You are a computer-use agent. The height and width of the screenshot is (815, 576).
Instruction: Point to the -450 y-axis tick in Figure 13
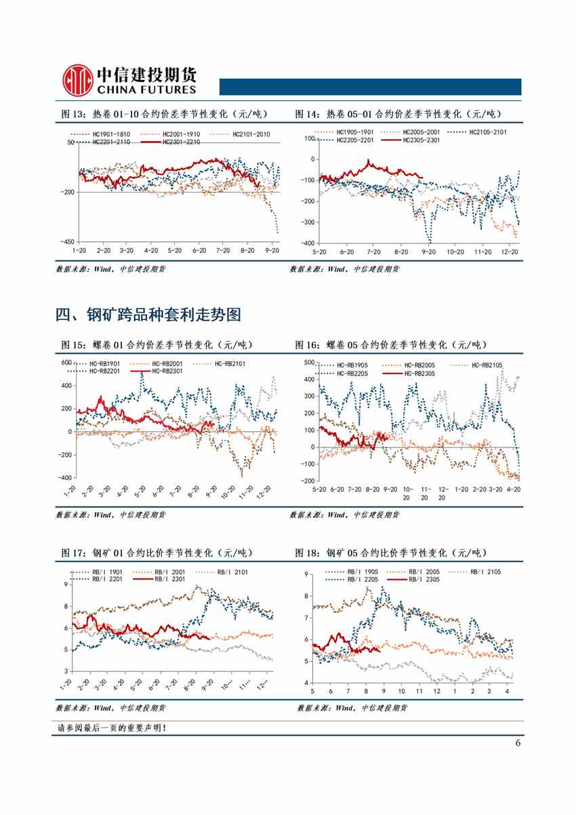tap(66, 241)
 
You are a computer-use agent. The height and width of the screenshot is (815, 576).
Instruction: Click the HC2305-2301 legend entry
tap(409, 140)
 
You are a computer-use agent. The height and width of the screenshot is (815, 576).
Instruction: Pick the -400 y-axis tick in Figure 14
tap(308, 243)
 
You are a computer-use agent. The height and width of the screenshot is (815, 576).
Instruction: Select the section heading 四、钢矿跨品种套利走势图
tap(148, 315)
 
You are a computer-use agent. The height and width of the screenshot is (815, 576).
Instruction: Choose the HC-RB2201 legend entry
tap(104, 371)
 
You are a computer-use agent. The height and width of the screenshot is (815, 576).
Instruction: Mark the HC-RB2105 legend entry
tap(478, 365)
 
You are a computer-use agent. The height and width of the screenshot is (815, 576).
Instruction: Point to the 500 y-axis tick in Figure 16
tap(308, 362)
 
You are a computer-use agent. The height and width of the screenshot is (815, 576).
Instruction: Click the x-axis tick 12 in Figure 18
tap(437, 691)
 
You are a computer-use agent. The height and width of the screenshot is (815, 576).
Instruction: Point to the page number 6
tap(518, 742)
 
